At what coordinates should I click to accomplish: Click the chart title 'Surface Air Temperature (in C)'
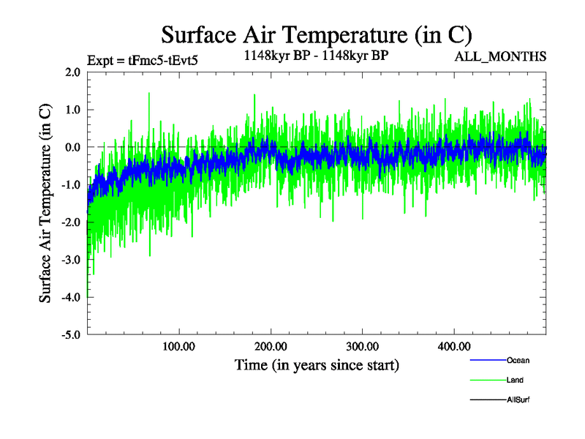click(317, 34)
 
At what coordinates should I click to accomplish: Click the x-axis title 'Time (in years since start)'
click(317, 364)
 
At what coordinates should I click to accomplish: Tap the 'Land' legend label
click(515, 380)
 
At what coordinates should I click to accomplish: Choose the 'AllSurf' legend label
click(518, 399)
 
